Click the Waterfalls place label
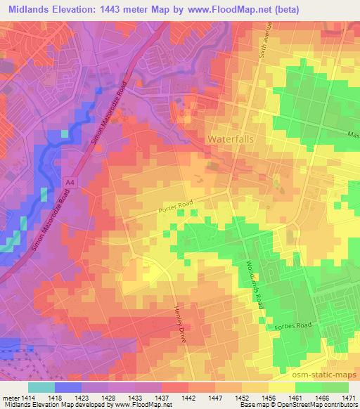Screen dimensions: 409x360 [231, 139]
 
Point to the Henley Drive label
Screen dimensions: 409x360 [183, 318]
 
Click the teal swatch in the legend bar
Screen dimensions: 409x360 [41, 387]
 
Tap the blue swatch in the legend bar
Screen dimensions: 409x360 [68, 387]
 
